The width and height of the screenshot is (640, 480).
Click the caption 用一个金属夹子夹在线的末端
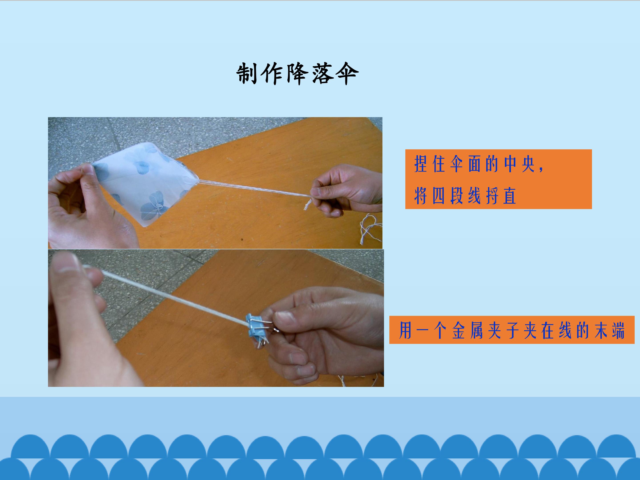[x=512, y=330]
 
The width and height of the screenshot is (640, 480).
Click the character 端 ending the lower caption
[x=617, y=330]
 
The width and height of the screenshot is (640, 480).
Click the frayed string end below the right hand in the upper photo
[x=307, y=204]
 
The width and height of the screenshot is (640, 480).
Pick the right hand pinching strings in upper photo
[x=346, y=191]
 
